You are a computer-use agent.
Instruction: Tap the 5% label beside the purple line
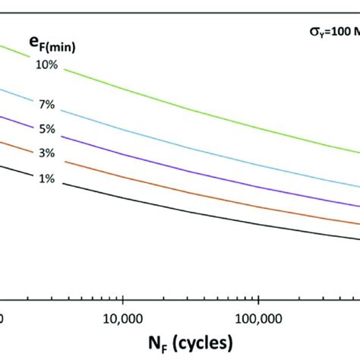point(46,128)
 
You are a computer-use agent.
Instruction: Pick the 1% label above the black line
point(46,178)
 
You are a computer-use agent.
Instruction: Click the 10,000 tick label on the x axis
point(122,315)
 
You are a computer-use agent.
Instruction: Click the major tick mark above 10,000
point(122,297)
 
